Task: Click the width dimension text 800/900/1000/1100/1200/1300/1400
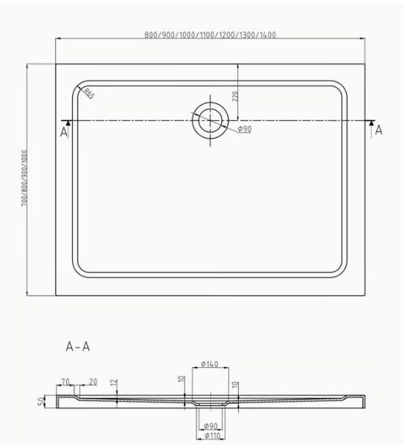click(210, 35)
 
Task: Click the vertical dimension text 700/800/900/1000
click(25, 178)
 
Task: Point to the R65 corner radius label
click(89, 94)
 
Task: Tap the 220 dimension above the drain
click(235, 96)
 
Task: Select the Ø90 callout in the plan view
click(244, 129)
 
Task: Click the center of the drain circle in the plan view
click(210, 120)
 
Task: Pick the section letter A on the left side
click(64, 132)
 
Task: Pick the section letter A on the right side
click(379, 130)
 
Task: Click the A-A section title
click(78, 347)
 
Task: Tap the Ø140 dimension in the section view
click(209, 364)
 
